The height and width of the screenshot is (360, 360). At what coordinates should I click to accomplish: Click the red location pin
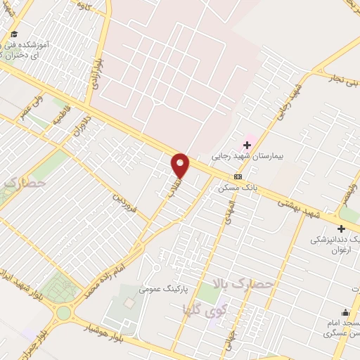click(x=181, y=165)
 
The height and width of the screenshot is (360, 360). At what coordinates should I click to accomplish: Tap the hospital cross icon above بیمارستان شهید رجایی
click(x=247, y=145)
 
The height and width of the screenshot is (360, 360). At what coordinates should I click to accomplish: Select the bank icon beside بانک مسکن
click(x=238, y=176)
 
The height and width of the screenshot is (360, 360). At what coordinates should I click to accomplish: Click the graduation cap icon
click(x=14, y=34)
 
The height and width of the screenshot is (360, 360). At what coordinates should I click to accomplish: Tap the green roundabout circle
click(x=65, y=313)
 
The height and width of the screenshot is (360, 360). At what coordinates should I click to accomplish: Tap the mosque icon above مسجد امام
click(x=345, y=313)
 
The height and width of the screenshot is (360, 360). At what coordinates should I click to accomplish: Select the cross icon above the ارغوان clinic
click(x=342, y=229)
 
